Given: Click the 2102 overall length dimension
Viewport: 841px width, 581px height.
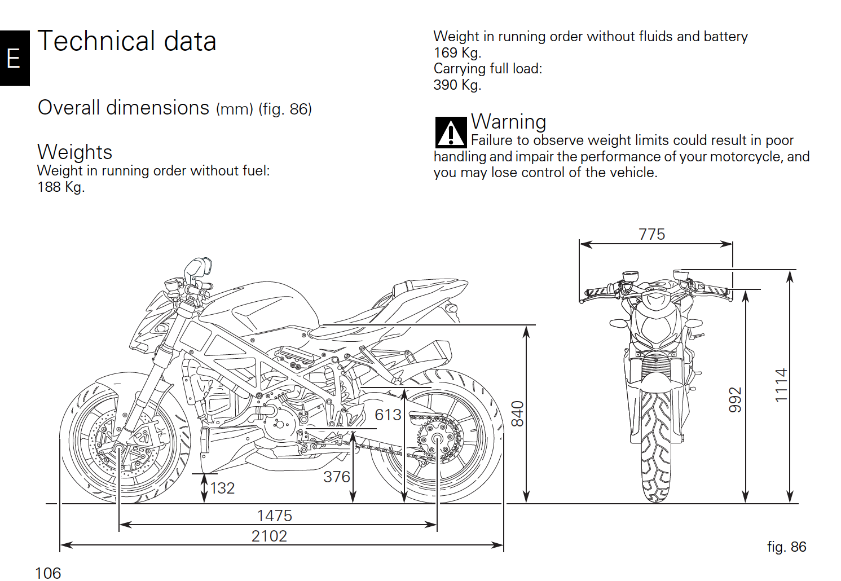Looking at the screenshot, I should [269, 536].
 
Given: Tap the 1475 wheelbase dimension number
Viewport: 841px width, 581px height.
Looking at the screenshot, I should [274, 516].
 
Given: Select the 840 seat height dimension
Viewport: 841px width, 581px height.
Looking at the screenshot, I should [517, 413].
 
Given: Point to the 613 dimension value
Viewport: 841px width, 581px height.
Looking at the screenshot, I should [388, 415].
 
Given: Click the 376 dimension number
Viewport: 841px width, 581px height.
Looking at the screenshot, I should [337, 477].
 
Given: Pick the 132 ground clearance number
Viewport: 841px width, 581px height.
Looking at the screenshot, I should [222, 488].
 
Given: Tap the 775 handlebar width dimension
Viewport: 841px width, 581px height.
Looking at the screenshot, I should [651, 234].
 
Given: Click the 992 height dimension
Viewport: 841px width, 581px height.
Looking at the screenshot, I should [735, 399].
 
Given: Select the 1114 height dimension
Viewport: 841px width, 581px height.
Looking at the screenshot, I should [781, 385].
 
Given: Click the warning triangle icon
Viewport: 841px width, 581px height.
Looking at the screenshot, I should [451, 133].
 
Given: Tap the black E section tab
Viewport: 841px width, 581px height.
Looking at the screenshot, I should [14, 58].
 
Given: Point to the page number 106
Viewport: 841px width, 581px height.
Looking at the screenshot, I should [48, 573].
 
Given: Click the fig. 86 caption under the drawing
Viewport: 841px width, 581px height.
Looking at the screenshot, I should [786, 547].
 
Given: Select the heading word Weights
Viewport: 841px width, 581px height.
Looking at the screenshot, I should [75, 152].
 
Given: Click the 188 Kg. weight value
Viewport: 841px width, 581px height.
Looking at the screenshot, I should [61, 187].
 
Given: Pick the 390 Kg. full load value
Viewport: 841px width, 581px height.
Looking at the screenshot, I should [457, 85].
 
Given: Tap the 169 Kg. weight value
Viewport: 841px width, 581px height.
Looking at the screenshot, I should [457, 53].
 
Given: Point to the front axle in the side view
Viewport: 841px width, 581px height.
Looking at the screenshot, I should [119, 448].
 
